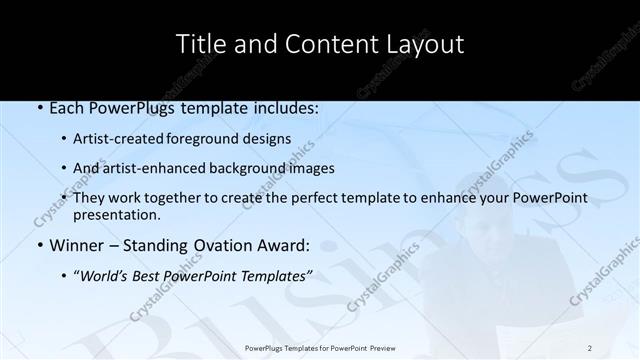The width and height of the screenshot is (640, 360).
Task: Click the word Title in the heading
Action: [201, 44]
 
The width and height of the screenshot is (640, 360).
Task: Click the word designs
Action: [269, 139]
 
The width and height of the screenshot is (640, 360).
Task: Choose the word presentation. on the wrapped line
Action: [117, 214]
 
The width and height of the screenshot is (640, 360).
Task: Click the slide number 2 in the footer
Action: [590, 347]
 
